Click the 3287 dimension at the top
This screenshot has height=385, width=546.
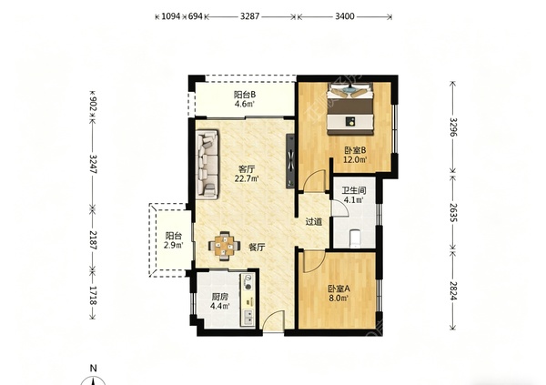point(249,16)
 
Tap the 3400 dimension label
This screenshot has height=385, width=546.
point(345,16)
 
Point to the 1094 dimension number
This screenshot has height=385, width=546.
point(171,16)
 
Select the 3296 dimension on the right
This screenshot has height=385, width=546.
point(452,127)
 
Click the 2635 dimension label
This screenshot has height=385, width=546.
point(452,213)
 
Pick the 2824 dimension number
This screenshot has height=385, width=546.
point(452,290)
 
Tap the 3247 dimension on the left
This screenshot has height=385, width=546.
point(93,164)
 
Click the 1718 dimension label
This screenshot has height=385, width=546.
point(93,296)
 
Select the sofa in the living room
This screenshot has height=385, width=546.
point(207,165)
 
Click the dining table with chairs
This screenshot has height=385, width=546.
point(224,246)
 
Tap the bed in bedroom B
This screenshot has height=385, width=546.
point(349,108)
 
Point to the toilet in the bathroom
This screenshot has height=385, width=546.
point(355,238)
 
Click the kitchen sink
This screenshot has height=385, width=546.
point(248,317)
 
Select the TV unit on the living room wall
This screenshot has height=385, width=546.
point(290,161)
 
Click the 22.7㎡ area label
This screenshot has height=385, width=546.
point(247,179)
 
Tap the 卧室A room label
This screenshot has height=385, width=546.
point(339,289)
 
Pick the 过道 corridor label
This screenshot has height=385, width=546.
point(313,222)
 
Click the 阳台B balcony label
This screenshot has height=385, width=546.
point(245,95)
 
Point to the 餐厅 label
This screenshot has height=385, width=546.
point(257,248)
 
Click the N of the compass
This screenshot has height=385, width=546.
point(93,368)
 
